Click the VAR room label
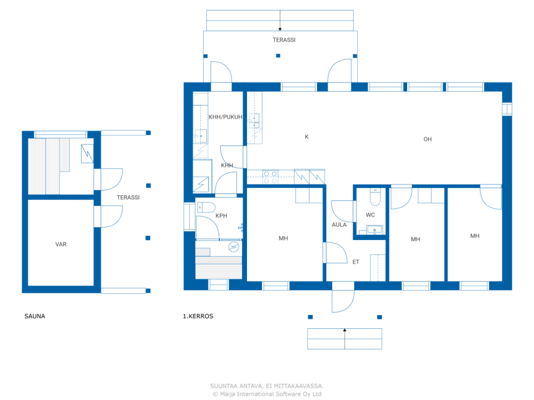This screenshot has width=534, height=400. [61, 244]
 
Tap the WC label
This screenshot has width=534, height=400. [370, 215]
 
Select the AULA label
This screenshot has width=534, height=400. [339, 225]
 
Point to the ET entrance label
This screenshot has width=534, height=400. [356, 262]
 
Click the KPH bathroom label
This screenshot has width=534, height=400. [221, 216]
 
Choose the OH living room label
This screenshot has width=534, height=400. [428, 140]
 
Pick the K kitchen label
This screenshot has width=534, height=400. [307, 137]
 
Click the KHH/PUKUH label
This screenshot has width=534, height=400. [225, 117]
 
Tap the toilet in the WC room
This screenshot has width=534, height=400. [375, 197]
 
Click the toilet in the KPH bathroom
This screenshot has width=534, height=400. [206, 207]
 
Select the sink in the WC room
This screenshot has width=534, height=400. [374, 230]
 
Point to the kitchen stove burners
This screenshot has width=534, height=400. [270, 177]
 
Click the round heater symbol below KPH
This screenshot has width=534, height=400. [234, 247]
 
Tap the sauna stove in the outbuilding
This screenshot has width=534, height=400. [87, 154]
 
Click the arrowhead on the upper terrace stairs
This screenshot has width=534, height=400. [280, 30]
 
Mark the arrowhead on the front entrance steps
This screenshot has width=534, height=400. [345, 330]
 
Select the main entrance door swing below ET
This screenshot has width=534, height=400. [343, 301]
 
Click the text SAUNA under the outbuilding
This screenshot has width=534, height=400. [35, 316]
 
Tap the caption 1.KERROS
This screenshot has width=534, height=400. [198, 316]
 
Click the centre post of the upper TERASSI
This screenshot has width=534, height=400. [278, 55]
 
